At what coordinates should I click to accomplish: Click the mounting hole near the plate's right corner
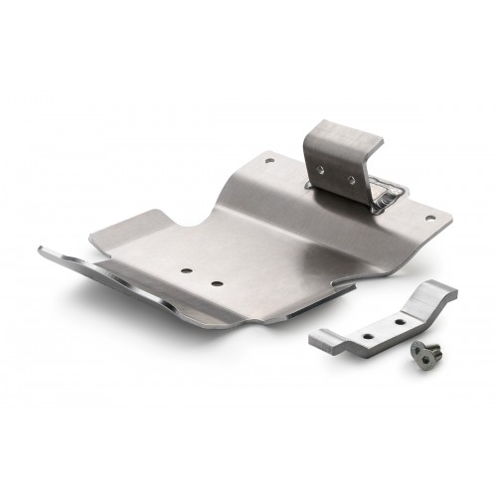(x=429, y=216)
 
